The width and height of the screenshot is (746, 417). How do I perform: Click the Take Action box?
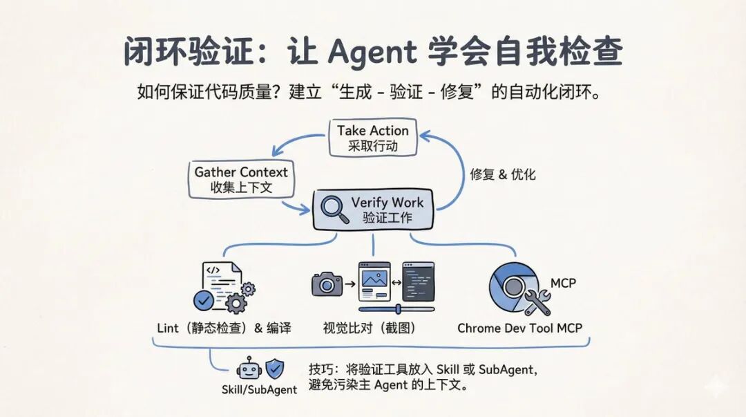pos(372,138)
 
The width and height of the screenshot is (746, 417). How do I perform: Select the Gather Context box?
pos(240,179)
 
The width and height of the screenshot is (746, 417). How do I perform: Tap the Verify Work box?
pos(373,210)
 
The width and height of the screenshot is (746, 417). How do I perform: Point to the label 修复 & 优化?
pos(503,174)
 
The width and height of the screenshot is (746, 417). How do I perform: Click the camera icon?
pos(327,284)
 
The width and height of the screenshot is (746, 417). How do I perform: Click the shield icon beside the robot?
pos(274,367)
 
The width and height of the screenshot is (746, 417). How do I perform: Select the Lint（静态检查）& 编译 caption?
pos(224,328)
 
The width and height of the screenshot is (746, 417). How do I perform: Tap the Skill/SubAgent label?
pos(259,389)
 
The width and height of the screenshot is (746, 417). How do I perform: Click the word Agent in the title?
pos(372,52)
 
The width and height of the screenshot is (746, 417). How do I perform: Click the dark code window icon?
pos(419,281)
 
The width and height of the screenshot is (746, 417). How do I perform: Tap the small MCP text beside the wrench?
pos(563,283)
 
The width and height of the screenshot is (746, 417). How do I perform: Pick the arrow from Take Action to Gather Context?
pos(294,140)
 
